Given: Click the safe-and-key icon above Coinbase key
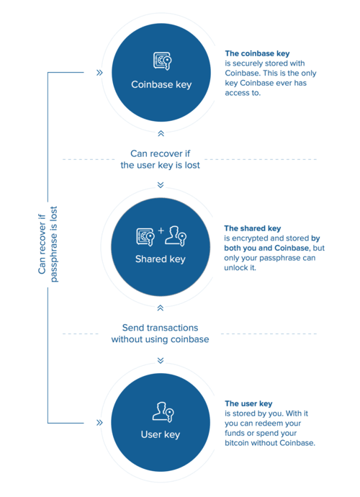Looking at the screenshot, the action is (x=162, y=61).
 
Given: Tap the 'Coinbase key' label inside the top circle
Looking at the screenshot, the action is (x=161, y=84).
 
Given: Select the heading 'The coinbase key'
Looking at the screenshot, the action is (x=257, y=53).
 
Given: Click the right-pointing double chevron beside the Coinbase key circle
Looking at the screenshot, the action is (x=99, y=73).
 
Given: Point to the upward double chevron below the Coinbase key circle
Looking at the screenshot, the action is (x=161, y=133).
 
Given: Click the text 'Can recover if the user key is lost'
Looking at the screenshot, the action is (x=160, y=159).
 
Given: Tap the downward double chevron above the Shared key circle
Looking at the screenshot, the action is (x=161, y=185).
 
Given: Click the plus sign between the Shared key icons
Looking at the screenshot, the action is (x=161, y=230).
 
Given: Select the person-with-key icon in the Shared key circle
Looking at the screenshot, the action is (x=176, y=236).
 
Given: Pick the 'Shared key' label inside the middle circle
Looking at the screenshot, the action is (x=161, y=259).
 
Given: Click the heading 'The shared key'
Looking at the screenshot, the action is (x=253, y=228).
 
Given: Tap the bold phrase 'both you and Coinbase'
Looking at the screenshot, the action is (x=266, y=248).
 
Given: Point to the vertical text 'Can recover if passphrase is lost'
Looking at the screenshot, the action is (x=48, y=244).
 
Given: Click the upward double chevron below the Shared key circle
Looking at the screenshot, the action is (x=161, y=308).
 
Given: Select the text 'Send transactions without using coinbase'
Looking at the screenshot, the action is (x=160, y=333).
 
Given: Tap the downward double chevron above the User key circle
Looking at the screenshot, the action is (x=161, y=360).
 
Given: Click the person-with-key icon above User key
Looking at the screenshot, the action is (x=163, y=412).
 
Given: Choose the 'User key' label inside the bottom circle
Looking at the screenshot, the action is (x=161, y=434).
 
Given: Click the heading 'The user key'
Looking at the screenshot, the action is (x=249, y=403).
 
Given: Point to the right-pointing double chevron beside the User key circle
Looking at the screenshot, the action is (x=99, y=423).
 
